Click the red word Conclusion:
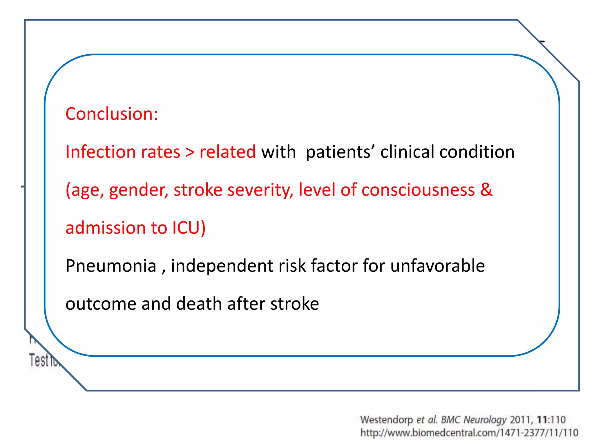(x=112, y=114)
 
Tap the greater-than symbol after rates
(x=190, y=152)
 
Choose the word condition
(x=477, y=152)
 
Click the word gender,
(x=139, y=190)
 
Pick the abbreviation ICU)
(x=189, y=228)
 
